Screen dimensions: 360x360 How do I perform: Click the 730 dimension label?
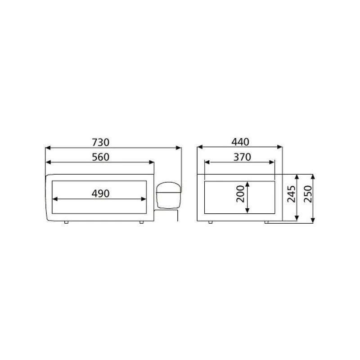101,142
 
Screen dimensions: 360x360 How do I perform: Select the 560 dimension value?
101,157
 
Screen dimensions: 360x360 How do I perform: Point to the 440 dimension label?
240,142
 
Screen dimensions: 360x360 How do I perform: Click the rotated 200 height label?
240,193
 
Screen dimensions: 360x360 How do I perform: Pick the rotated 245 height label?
292,194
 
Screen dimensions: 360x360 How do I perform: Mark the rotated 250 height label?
307,194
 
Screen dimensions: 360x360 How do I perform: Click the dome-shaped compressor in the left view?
168,194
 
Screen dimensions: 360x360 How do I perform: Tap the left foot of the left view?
66,222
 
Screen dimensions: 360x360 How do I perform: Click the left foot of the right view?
210,222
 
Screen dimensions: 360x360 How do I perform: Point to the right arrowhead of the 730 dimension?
179,147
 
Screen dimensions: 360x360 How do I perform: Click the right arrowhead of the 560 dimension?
152,162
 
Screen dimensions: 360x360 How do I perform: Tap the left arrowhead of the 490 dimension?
56,198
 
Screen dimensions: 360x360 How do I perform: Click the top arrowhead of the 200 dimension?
247,184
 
